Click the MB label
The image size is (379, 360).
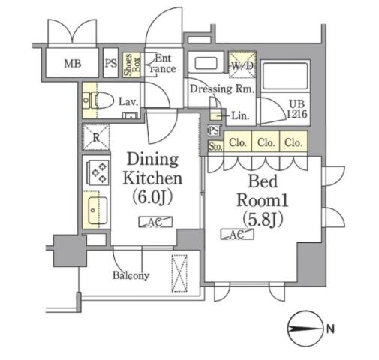pyautogui.click(x=73, y=64)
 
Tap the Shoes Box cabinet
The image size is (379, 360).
pyautogui.click(x=131, y=64)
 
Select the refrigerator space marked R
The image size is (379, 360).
pyautogui.click(x=96, y=137)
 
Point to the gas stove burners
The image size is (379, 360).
pyautogui.click(x=98, y=172)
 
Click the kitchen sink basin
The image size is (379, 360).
pyautogui.click(x=95, y=211)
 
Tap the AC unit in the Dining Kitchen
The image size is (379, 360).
pyautogui.click(x=155, y=222)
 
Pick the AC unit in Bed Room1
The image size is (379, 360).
pyautogui.click(x=237, y=234)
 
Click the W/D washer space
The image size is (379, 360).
pyautogui.click(x=242, y=64)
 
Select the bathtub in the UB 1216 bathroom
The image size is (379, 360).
pyautogui.click(x=285, y=76)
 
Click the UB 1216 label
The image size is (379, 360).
pyautogui.click(x=296, y=109)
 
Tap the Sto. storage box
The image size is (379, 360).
pyautogui.click(x=215, y=146)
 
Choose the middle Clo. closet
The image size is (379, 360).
pyautogui.click(x=266, y=142)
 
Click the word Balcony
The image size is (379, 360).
pyautogui.click(x=131, y=275)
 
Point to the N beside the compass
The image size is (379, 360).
pyautogui.click(x=330, y=328)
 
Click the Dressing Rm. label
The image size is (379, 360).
pyautogui.click(x=221, y=88)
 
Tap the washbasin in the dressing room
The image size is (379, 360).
pyautogui.click(x=206, y=62)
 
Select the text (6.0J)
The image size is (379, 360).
pyautogui.click(x=152, y=197)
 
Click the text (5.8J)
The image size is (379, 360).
pyautogui.click(x=263, y=219)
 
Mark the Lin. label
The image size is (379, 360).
pyautogui.click(x=240, y=115)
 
